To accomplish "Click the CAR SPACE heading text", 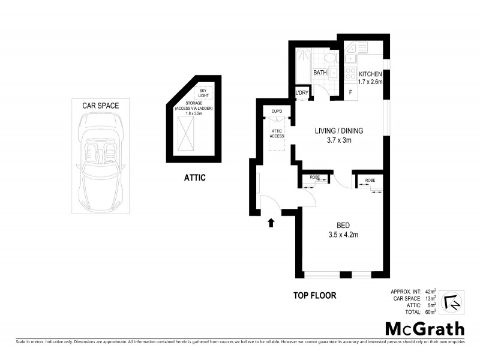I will click(x=100, y=106).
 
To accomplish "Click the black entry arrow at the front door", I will click(x=271, y=223).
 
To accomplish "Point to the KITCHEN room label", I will click(x=370, y=74).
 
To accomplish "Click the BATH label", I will click(x=320, y=73).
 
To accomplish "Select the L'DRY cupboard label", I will click(x=302, y=92).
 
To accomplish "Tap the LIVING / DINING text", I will click(x=339, y=130).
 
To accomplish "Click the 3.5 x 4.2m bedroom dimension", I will click(x=343, y=235).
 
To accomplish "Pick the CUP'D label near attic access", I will click(x=277, y=112).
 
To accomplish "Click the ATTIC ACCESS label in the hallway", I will click(x=277, y=134).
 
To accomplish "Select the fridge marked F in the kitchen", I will click(x=350, y=92).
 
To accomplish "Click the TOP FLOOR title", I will click(x=314, y=295).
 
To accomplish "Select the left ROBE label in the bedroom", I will click(x=314, y=178).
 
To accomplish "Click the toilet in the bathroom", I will click(x=329, y=59).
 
